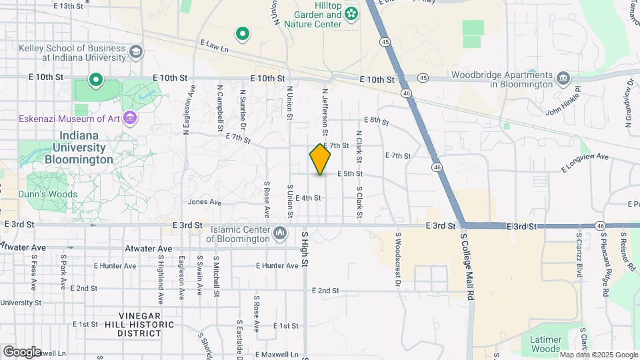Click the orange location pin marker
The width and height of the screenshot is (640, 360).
click(x=320, y=159)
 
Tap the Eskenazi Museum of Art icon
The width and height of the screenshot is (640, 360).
click(x=130, y=119)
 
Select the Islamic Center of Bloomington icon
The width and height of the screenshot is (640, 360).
click(x=279, y=233)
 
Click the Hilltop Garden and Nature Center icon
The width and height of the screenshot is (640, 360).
click(x=351, y=13)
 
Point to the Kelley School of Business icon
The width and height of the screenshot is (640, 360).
click(x=136, y=52)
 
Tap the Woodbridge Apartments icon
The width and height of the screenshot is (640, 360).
click(x=564, y=79)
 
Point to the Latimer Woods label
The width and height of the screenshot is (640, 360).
click(x=546, y=343)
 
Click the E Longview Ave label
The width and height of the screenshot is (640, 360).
click(x=585, y=162)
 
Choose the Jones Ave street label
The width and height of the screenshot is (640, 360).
click(x=204, y=201)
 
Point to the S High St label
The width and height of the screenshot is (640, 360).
click(x=305, y=249)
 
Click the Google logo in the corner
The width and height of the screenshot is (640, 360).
click(x=22, y=351)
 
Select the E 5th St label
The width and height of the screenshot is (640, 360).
click(x=349, y=174)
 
